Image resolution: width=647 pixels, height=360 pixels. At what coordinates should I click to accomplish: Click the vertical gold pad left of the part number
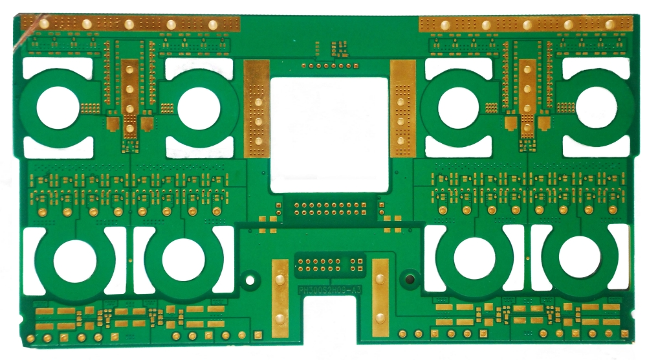280,298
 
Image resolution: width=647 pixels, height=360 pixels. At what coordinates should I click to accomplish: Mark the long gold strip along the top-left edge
129,24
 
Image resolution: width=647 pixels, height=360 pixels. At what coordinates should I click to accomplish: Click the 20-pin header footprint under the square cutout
329,208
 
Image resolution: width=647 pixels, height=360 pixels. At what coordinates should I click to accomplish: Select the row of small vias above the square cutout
330,65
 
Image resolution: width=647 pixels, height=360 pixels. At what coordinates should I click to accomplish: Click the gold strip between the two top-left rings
130,97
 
